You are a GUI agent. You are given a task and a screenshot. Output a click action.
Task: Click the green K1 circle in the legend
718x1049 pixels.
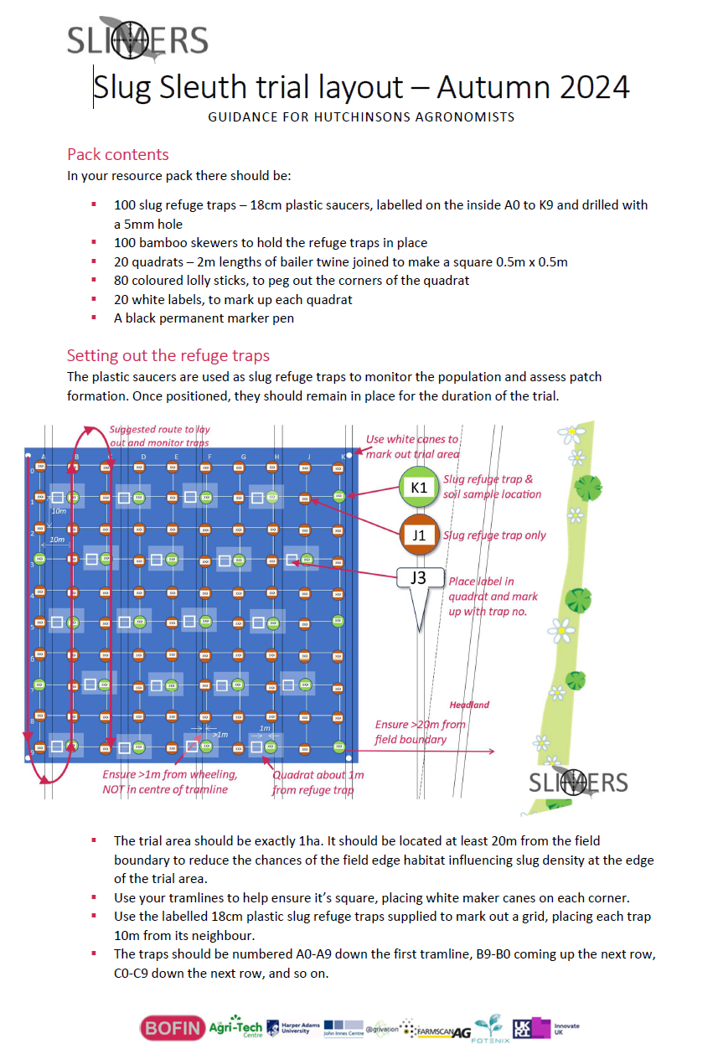(x=419, y=488)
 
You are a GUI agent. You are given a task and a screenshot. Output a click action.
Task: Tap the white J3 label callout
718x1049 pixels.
(x=418, y=579)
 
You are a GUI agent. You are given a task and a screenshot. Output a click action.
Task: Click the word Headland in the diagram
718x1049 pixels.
(x=469, y=705)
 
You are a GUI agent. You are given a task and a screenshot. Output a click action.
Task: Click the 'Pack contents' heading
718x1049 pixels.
(x=117, y=154)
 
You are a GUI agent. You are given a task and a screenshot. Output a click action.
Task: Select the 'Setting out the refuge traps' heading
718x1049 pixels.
(x=168, y=355)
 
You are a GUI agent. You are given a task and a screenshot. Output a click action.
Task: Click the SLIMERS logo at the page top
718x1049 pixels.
(x=137, y=39)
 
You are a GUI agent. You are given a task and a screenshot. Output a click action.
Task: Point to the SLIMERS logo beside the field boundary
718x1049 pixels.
(x=577, y=782)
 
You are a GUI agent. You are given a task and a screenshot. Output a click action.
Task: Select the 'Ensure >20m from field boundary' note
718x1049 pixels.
(x=420, y=731)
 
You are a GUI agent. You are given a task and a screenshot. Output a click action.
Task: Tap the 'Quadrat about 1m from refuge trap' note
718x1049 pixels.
(x=318, y=782)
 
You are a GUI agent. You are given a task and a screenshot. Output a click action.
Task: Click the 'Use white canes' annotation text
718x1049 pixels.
(x=412, y=446)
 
